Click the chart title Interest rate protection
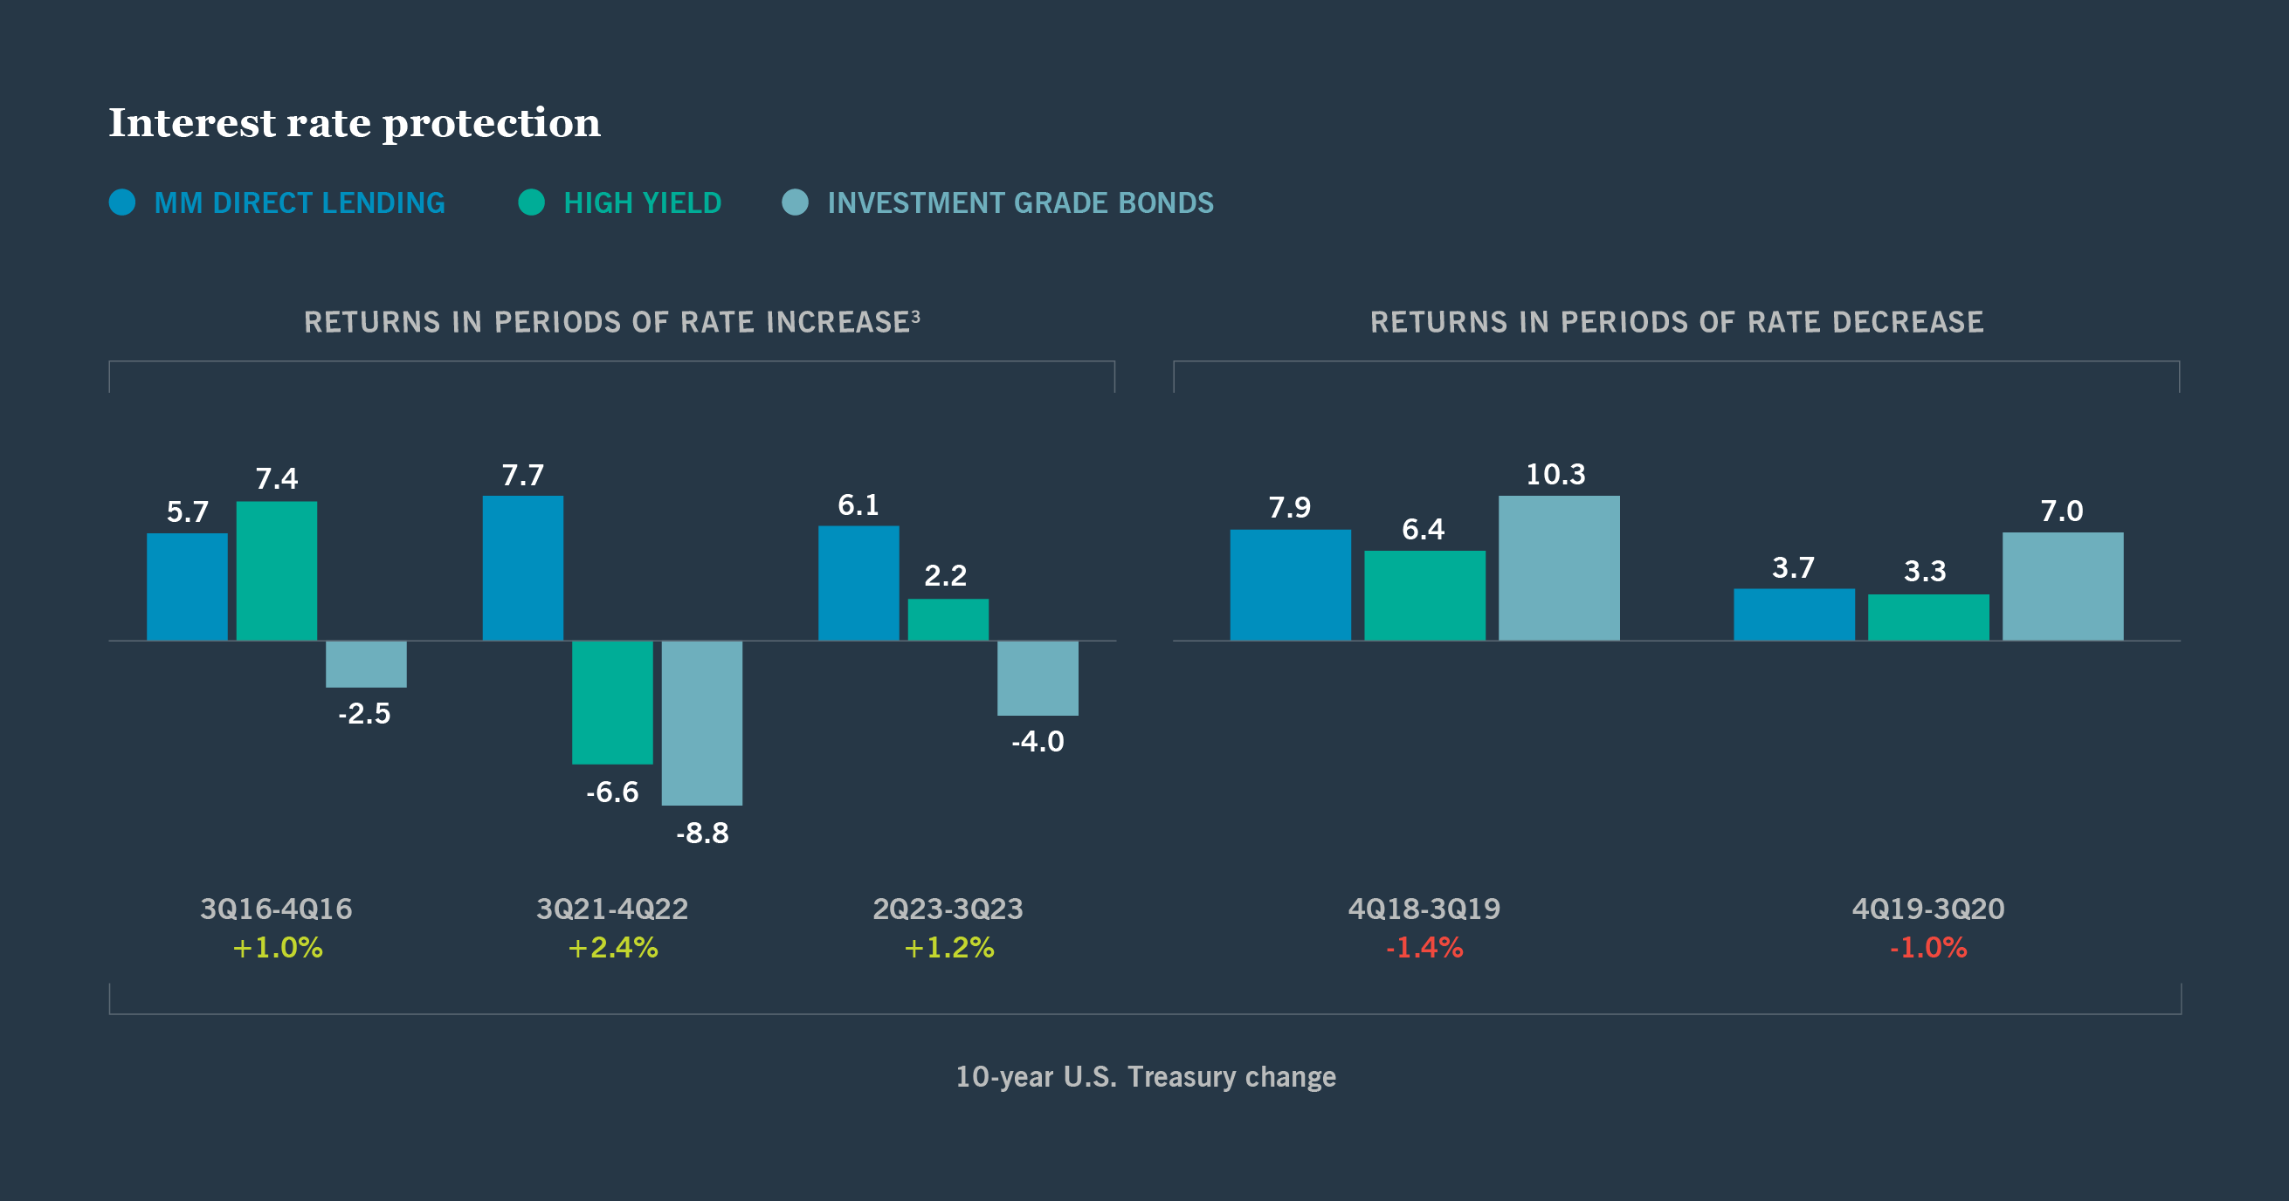(x=354, y=122)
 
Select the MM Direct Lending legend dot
(x=121, y=202)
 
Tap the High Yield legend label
(x=642, y=203)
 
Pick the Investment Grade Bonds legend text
(x=1019, y=203)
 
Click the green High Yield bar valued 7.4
(x=276, y=570)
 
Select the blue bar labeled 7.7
(x=522, y=567)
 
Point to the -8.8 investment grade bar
(x=702, y=722)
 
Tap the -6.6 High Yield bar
(x=612, y=702)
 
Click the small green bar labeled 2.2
(x=948, y=619)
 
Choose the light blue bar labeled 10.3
(x=1559, y=567)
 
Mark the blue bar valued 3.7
(x=1793, y=614)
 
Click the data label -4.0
(x=1037, y=742)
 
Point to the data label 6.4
(x=1423, y=530)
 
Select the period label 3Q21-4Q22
(x=612, y=909)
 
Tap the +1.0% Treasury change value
(x=277, y=948)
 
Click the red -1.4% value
(x=1424, y=948)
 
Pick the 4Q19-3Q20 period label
(x=1927, y=909)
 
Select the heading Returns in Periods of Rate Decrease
(x=1676, y=321)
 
